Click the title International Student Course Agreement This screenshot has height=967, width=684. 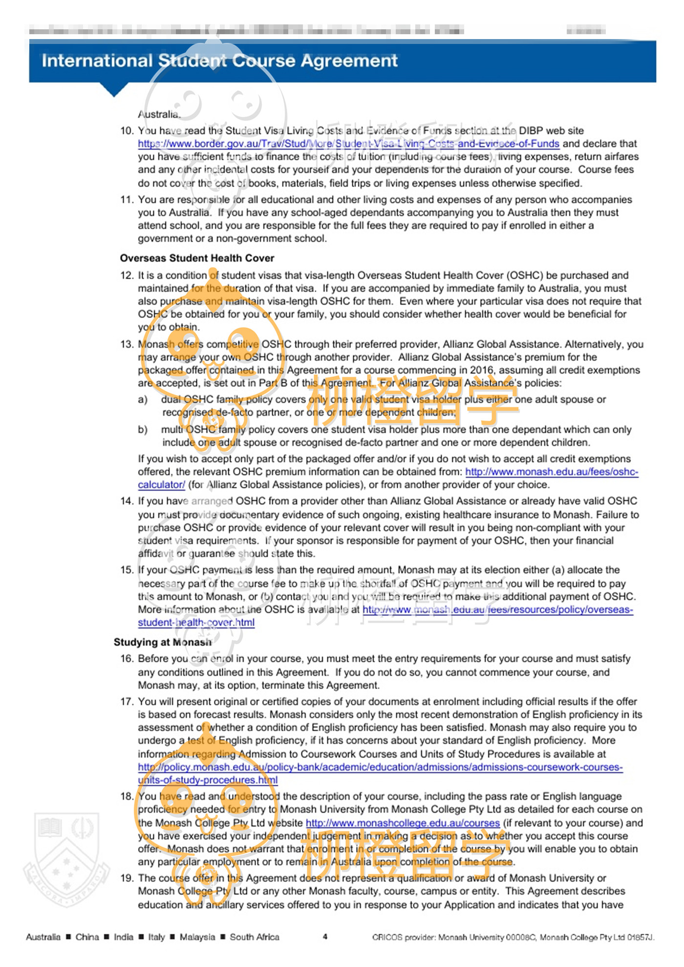(219, 61)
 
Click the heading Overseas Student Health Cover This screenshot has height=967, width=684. (197, 258)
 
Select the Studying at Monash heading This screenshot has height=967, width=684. (163, 642)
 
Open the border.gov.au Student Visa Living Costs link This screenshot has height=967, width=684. (348, 144)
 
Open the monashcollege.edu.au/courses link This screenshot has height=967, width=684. (403, 823)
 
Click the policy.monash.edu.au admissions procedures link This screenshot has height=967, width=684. (380, 767)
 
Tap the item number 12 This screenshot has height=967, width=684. (127, 275)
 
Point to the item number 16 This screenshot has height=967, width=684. (127, 659)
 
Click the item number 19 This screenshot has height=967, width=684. (127, 878)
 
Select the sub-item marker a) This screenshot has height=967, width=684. (143, 399)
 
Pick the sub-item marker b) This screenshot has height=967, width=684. (143, 430)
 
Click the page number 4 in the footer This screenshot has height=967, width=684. (325, 937)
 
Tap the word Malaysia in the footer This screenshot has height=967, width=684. (197, 937)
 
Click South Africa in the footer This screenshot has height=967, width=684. (255, 937)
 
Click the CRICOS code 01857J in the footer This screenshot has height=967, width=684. (640, 937)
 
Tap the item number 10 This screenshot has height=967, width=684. (127, 131)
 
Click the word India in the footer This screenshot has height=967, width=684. (123, 937)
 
